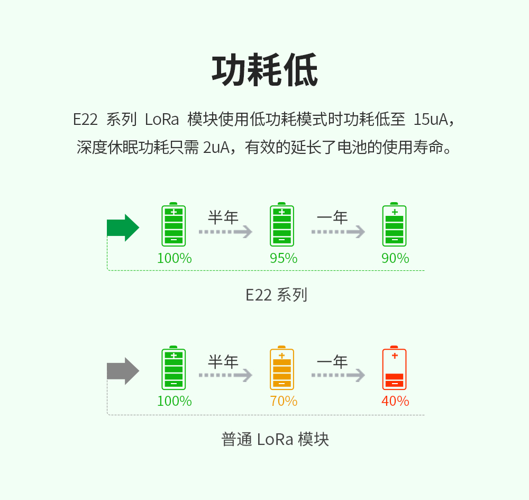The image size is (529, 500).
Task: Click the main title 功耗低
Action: click(264, 70)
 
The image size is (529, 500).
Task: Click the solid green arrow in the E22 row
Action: click(123, 228)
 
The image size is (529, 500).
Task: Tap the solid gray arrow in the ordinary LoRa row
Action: click(123, 371)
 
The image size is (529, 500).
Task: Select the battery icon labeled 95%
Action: click(281, 225)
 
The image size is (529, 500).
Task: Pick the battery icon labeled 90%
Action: click(394, 225)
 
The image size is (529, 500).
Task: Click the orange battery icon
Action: click(281, 369)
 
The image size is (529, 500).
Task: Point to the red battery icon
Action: click(394, 369)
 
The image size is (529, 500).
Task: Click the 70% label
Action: click(284, 401)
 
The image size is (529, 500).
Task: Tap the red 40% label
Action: click(395, 401)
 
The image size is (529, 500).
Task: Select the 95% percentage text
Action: click(284, 258)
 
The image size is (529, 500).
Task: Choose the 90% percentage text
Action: click(395, 258)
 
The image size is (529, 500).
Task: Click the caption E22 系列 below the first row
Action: click(276, 295)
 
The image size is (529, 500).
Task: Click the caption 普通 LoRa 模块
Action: click(275, 439)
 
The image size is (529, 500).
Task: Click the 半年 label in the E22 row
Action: click(223, 217)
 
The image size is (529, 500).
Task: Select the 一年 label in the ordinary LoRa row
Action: click(332, 362)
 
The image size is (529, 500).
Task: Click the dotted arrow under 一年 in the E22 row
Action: click(338, 232)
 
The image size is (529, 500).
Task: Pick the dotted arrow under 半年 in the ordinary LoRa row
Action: click(225, 375)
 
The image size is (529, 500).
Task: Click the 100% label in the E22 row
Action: click(174, 258)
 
